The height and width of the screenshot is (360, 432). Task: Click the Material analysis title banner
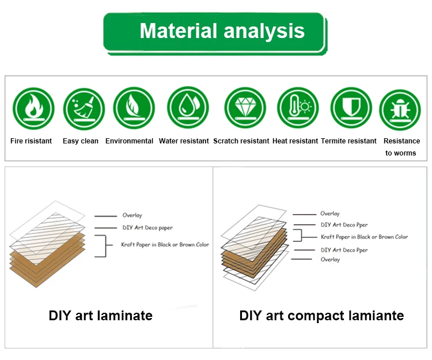tap(215, 33)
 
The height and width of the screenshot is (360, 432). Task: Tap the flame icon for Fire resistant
tap(33, 108)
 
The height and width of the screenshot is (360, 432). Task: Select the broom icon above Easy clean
tap(84, 109)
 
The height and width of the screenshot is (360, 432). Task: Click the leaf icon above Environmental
tap(134, 108)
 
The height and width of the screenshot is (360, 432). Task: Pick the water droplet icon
tap(188, 108)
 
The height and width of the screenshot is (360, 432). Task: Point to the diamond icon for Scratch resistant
tap(245, 108)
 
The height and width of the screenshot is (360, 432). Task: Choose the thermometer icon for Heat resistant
tap(298, 108)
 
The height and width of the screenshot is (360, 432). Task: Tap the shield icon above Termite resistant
tap(351, 108)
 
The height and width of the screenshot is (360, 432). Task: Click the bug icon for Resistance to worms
tap(400, 109)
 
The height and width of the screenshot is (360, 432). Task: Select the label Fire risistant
tap(31, 141)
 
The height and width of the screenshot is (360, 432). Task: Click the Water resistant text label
tap(184, 141)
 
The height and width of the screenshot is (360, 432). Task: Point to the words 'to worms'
tap(400, 153)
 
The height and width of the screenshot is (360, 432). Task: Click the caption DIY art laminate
tap(101, 316)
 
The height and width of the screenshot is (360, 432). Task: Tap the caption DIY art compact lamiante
tap(321, 316)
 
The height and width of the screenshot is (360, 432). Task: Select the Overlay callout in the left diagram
tap(132, 215)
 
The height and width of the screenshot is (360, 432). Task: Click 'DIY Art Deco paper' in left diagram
tap(147, 228)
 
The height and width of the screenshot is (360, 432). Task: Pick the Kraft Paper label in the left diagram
tap(165, 245)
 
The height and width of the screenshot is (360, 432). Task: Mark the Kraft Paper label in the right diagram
tap(364, 237)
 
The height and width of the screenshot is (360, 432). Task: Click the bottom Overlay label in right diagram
tap(330, 259)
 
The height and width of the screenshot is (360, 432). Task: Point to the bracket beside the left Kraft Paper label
tap(106, 246)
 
